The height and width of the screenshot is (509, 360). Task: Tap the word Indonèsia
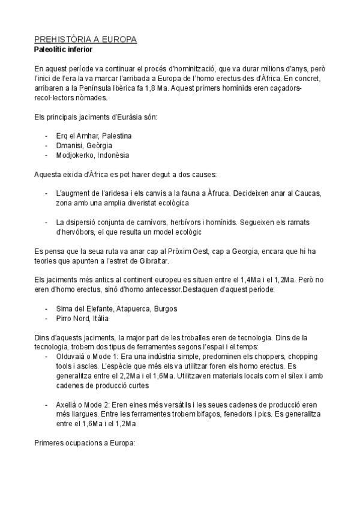(x=113, y=155)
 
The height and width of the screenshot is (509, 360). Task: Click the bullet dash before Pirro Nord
(x=47, y=318)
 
